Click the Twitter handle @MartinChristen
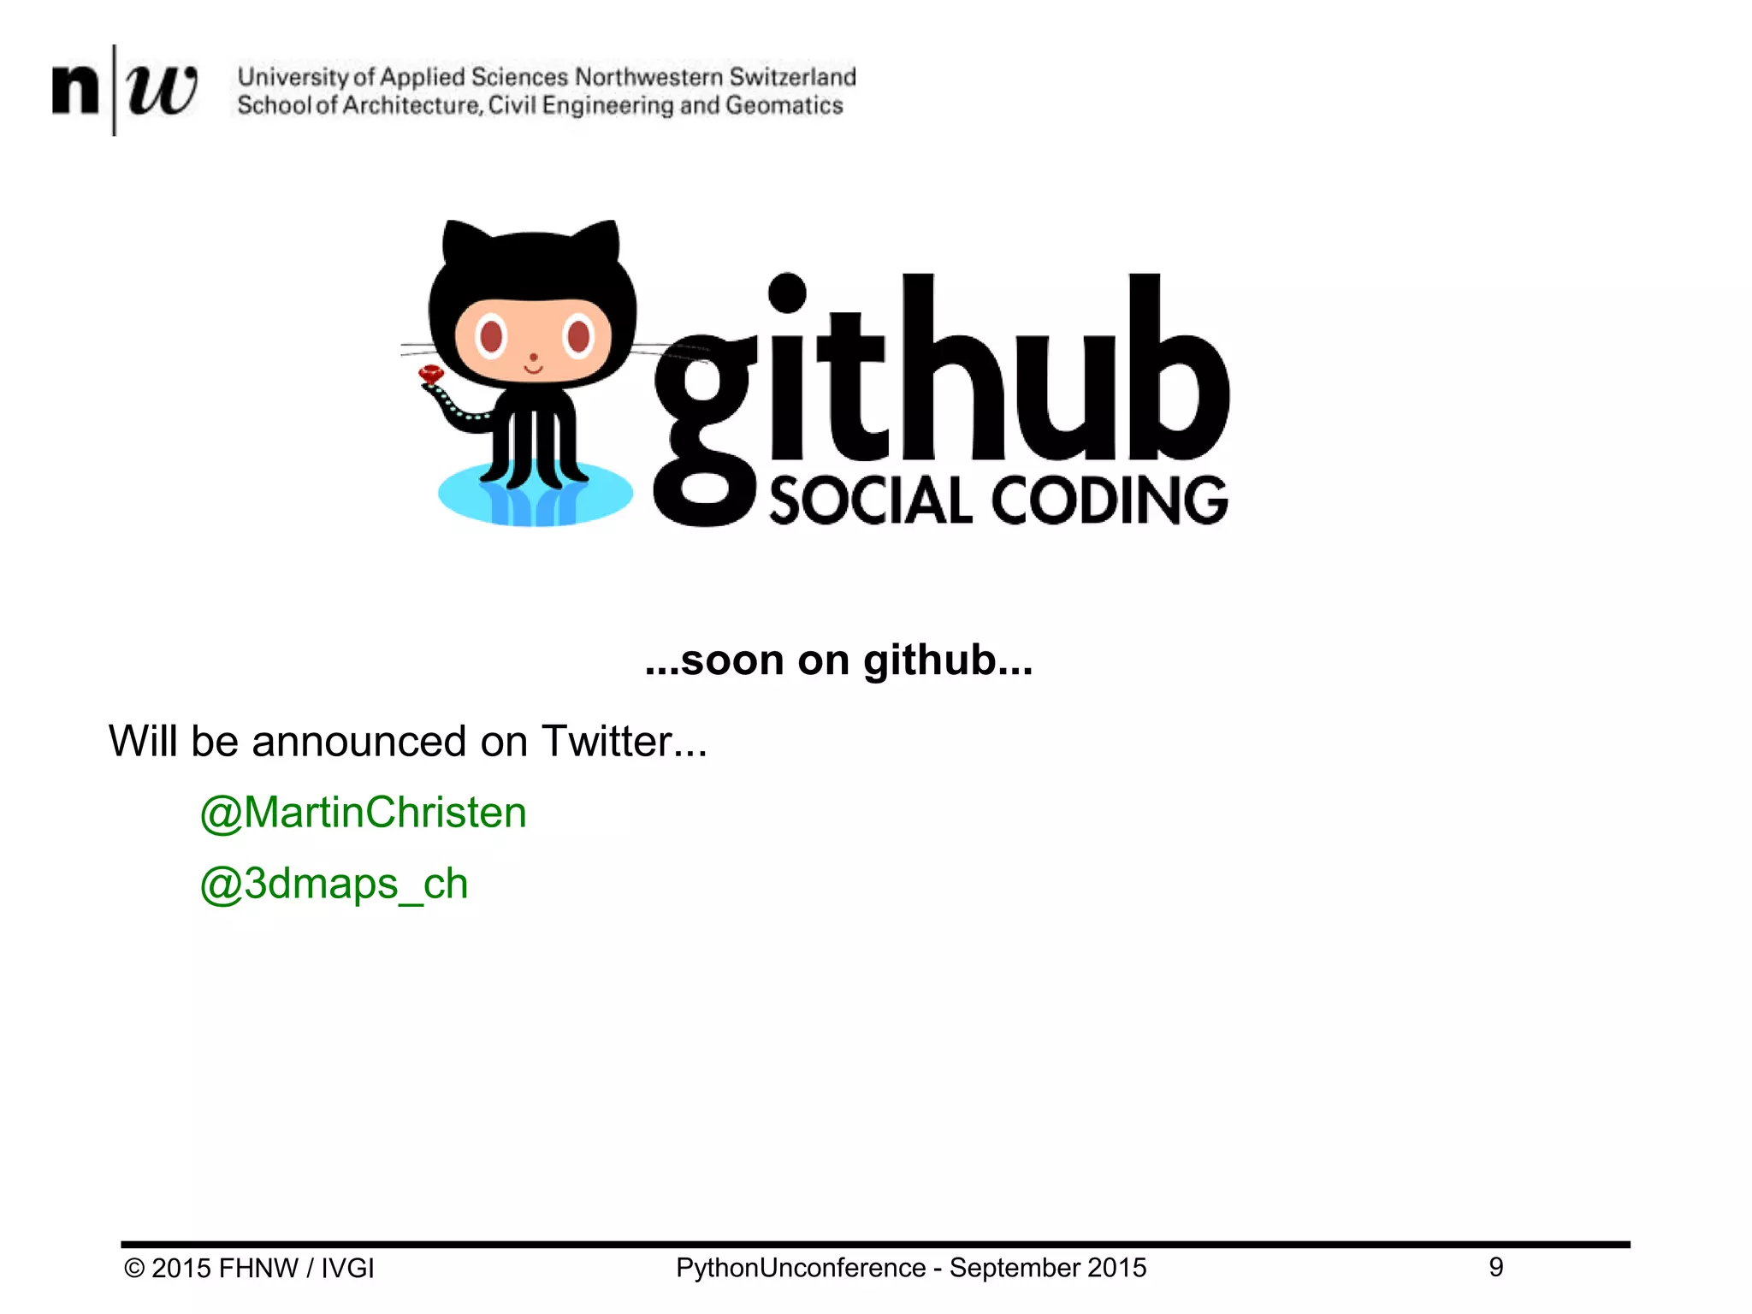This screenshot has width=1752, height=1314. coord(363,812)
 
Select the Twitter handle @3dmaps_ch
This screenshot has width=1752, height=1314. coord(334,884)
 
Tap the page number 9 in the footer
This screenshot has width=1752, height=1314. coord(1495,1267)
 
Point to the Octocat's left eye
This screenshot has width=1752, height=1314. coord(491,335)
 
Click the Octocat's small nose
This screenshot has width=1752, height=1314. coord(533,357)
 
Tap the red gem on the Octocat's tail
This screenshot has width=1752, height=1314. coord(430,374)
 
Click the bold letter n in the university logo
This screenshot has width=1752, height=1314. coord(75,89)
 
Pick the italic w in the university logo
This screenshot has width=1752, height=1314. coord(161,89)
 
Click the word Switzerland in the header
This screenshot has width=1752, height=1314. coord(792,77)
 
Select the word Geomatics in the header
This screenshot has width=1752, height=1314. coord(784,105)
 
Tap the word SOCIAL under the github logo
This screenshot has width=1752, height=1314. coord(871,501)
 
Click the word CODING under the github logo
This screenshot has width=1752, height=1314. coord(1110,501)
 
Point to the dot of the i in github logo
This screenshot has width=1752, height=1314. coord(787,293)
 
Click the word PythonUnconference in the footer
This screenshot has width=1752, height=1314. coord(801,1267)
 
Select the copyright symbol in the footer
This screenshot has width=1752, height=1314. coord(134,1268)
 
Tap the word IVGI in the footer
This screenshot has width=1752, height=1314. coord(347,1268)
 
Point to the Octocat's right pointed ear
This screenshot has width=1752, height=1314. coord(600,242)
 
